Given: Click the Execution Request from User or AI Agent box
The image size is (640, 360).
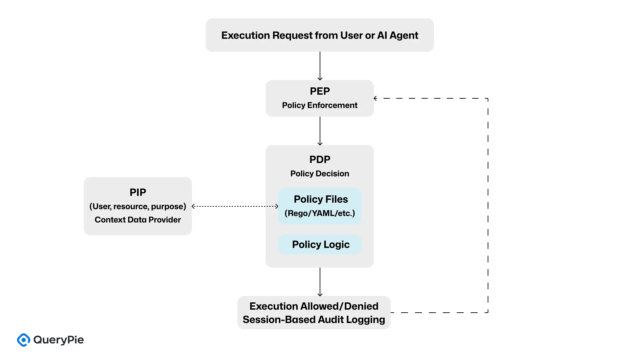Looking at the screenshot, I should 320,35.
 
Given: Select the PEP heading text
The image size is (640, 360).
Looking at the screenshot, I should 320,91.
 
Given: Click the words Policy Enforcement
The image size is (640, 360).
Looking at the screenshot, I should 320,105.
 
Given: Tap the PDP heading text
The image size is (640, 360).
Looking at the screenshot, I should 320,159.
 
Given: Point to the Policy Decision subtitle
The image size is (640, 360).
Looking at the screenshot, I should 320,174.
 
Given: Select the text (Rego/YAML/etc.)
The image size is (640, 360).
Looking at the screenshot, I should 320,213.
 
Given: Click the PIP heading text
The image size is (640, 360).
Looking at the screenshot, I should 138,192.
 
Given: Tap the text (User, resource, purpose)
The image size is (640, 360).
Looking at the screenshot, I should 138,206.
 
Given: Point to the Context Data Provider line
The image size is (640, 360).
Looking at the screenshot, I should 138,220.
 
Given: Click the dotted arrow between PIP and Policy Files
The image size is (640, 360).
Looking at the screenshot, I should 235,206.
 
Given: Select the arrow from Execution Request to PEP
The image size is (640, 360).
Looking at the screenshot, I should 320,66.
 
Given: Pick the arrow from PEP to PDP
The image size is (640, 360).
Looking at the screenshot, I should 320,131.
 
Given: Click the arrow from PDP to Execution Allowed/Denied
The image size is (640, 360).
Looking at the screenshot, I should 320,282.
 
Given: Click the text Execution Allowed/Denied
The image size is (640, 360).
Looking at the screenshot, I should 314,306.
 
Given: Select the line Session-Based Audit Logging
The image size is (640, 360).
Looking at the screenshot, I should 314,320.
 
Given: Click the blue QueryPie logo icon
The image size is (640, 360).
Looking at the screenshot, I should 24,340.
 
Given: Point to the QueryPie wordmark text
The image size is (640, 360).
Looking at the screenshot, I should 59,340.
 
